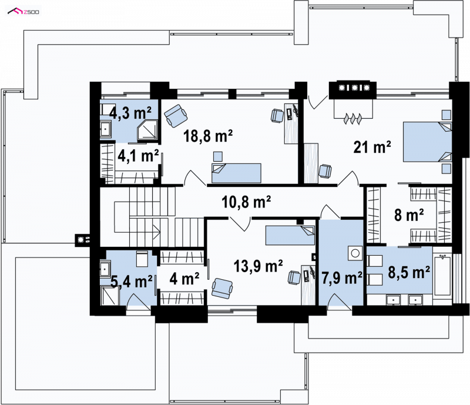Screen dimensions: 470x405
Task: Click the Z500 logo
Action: [x=23, y=12]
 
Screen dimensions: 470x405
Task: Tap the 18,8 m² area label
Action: [x=208, y=136]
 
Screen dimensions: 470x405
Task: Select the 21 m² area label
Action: [x=372, y=147]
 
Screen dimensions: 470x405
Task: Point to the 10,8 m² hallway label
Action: [x=246, y=202]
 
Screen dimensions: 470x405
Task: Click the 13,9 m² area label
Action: [x=258, y=266]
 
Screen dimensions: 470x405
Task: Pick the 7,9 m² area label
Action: [x=342, y=278]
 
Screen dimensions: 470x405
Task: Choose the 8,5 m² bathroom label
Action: [x=409, y=272]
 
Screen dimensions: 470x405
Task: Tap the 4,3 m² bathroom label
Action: [x=130, y=113]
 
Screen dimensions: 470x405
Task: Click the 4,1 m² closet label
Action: [x=138, y=156]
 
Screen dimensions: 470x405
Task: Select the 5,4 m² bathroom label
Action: [x=132, y=282]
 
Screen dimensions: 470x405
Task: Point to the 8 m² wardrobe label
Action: [x=409, y=215]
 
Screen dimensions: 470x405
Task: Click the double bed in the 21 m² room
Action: [x=427, y=142]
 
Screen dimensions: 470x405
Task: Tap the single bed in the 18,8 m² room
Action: [x=236, y=173]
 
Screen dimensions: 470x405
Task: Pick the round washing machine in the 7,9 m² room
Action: [x=355, y=253]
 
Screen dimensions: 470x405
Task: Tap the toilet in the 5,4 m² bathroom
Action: [x=142, y=259]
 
